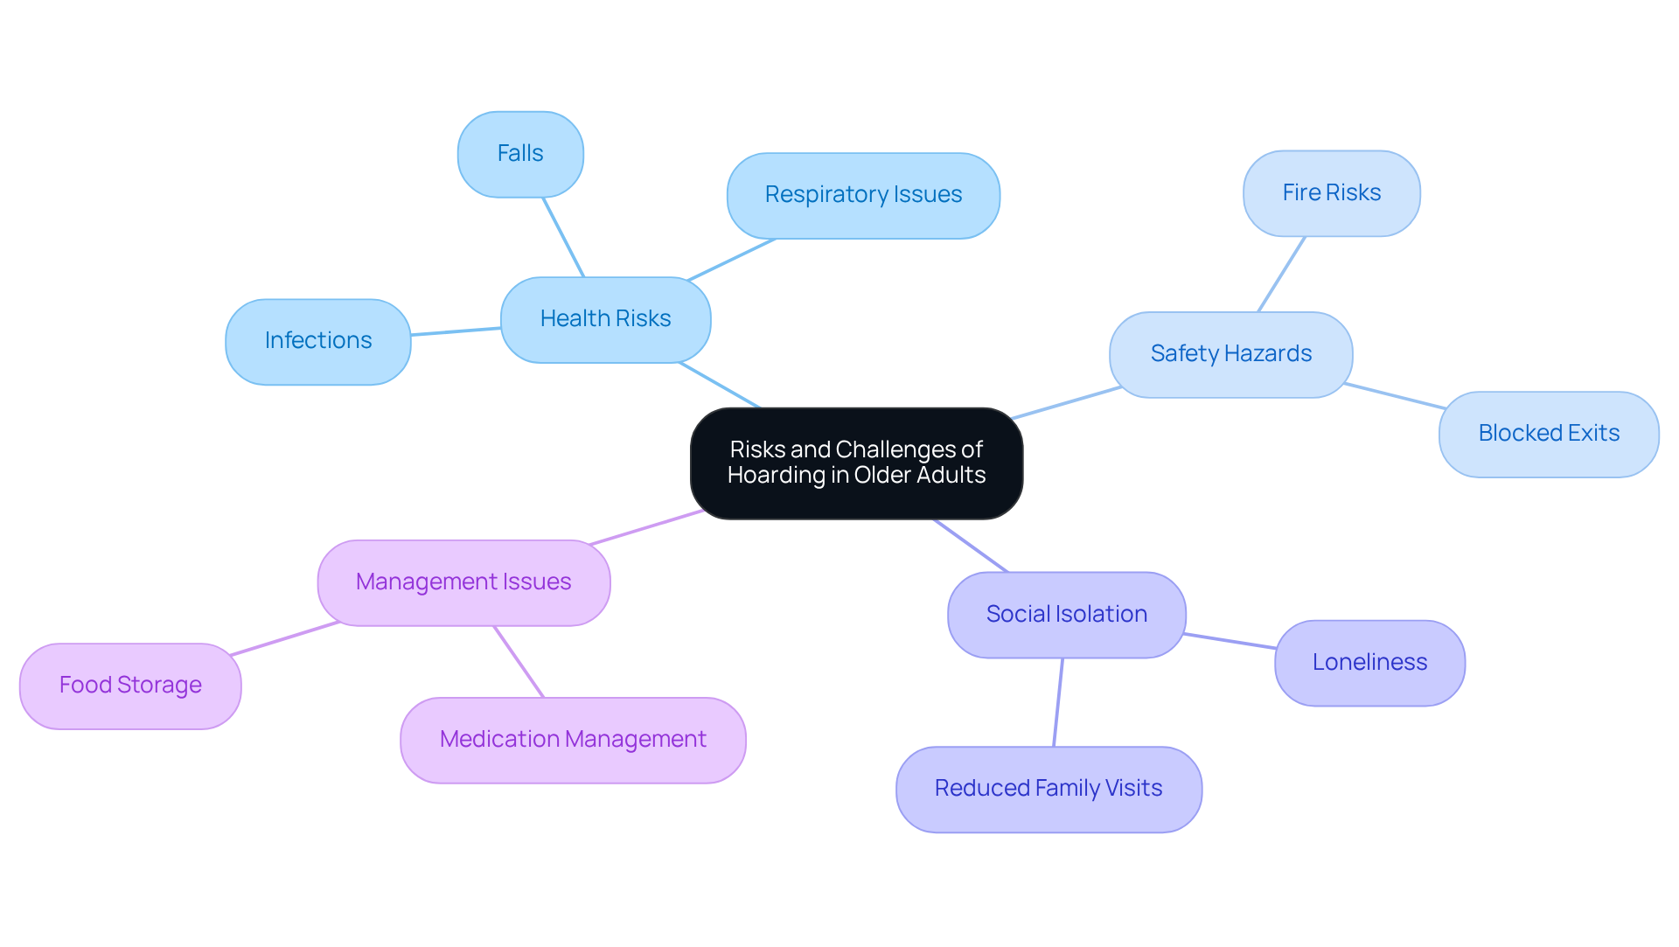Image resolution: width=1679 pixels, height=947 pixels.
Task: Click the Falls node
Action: click(520, 154)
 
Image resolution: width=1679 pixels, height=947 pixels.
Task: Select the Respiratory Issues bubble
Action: click(863, 195)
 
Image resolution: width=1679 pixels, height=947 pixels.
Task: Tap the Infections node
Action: click(318, 341)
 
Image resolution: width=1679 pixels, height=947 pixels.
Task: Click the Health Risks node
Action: click(605, 319)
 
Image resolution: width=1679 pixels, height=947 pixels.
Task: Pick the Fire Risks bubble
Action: click(1331, 193)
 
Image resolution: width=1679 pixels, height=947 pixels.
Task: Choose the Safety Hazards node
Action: click(1230, 354)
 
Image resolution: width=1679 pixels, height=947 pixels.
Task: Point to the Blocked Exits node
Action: click(1548, 434)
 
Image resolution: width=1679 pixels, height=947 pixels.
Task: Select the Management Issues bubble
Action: click(463, 582)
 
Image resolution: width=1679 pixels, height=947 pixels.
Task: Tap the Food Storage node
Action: click(130, 686)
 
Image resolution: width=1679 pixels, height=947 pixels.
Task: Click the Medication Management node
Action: click(573, 740)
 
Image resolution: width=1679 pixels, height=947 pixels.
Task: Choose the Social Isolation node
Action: click(1066, 615)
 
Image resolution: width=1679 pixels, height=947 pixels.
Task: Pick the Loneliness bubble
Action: click(1369, 663)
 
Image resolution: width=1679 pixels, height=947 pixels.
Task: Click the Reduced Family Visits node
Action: click(1049, 789)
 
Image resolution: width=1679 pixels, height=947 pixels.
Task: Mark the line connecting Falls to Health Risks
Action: click(563, 237)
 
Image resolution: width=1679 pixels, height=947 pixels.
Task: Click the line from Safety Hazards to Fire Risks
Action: click(1281, 274)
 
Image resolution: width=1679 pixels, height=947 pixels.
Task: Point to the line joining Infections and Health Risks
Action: click(456, 331)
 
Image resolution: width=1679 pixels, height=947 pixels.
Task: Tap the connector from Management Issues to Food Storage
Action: click(285, 638)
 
